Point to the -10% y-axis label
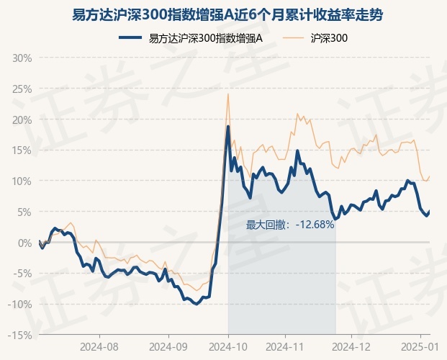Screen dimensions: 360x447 pos(20,305)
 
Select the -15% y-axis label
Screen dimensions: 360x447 pos(20,336)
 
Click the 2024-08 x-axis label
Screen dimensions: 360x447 pos(101,346)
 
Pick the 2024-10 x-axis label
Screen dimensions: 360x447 pos(229,346)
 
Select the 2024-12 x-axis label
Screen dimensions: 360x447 pos(351,346)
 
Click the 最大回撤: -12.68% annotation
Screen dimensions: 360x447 pos(290,225)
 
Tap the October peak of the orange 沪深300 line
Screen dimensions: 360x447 pos(228,94)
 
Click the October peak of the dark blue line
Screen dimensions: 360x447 pos(228,127)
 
